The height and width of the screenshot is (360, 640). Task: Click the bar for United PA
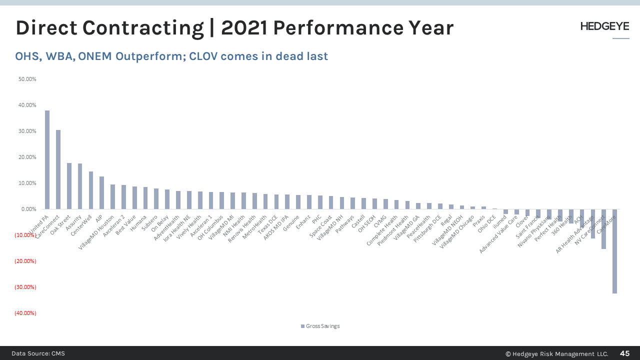coord(47,159)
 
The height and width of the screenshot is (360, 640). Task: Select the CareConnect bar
coord(58,169)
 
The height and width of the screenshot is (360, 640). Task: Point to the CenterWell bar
coord(91,190)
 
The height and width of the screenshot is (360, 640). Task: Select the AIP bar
coord(101,192)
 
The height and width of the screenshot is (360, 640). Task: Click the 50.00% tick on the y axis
coord(27,79)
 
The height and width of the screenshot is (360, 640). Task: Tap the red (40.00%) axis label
coord(25,313)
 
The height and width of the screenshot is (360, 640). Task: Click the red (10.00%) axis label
coord(25,235)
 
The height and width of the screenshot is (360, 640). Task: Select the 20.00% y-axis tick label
coord(27,157)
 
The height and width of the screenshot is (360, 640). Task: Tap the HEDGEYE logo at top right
coord(604,26)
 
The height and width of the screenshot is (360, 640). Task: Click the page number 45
coord(624,353)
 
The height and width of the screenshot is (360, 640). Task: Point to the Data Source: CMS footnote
coord(38,353)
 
